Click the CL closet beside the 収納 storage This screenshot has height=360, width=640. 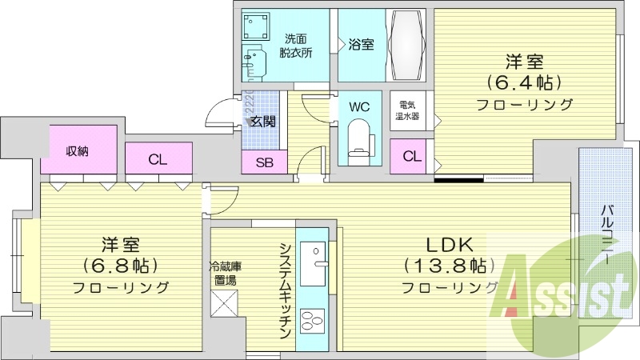(158, 159)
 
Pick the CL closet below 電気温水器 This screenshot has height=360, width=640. (412, 156)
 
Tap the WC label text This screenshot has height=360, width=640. (359, 105)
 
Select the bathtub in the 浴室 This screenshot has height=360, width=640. (410, 45)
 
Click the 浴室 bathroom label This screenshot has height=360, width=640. (360, 45)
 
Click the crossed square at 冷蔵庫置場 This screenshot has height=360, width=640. (223, 306)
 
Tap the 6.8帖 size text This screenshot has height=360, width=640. (120, 265)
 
